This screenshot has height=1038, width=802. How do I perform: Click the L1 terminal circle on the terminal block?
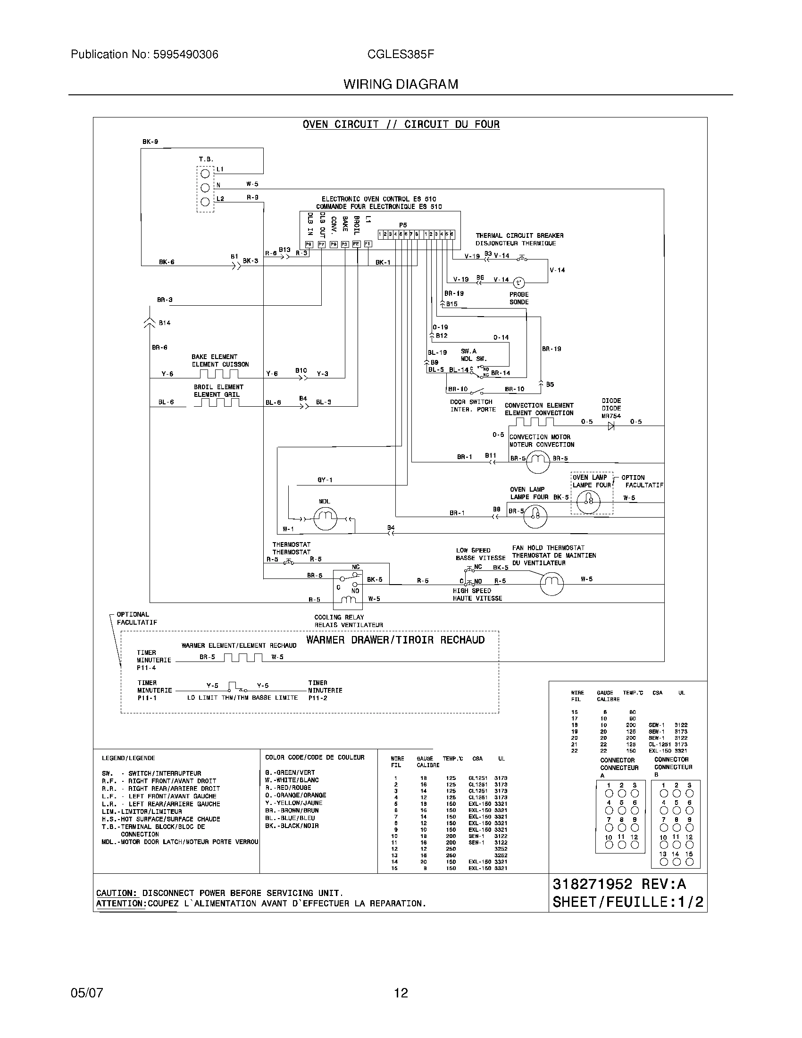click(x=205, y=174)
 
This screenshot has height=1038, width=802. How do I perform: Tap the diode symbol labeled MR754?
click(x=611, y=426)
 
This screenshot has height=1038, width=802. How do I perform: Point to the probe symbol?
click(x=518, y=282)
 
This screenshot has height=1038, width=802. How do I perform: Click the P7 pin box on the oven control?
click(x=321, y=244)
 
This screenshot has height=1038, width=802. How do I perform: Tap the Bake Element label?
click(x=214, y=357)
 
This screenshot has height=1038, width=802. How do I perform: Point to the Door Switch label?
click(x=471, y=402)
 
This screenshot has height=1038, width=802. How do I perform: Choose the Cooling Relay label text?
click(x=339, y=618)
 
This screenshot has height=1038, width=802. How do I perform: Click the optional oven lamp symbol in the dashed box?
click(x=589, y=500)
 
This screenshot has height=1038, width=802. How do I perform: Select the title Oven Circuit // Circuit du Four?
click(x=401, y=125)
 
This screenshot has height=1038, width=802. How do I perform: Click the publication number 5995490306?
click(x=185, y=55)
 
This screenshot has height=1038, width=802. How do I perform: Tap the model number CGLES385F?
click(x=400, y=55)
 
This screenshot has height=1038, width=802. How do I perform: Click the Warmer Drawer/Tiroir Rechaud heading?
click(x=395, y=640)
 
